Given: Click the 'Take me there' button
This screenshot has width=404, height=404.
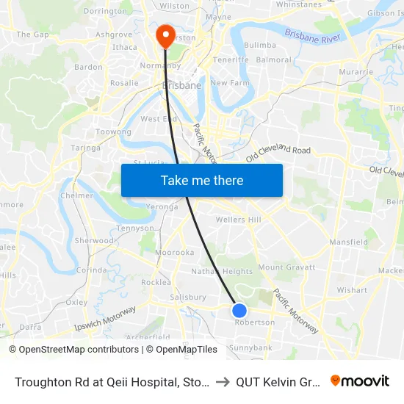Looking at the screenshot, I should click(x=202, y=180).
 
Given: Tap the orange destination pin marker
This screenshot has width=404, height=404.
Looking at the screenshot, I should click(x=164, y=35).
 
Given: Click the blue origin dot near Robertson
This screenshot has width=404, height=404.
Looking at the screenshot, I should click(x=239, y=310).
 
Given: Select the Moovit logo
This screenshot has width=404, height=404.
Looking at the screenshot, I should click(x=360, y=380).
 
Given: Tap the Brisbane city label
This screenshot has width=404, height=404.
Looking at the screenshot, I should click(x=181, y=86).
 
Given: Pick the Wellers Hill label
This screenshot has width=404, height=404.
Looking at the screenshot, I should click(x=238, y=220).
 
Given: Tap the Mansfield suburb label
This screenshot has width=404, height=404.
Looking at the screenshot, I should click(x=348, y=242).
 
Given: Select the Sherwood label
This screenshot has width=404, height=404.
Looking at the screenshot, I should click(x=94, y=240).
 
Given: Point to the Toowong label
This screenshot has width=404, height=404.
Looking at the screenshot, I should click(x=114, y=132).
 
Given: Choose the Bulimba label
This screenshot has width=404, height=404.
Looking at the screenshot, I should click(x=259, y=45).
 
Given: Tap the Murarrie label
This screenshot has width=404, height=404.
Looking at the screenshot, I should click(x=356, y=72).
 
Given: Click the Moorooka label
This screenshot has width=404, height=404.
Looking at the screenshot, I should click(x=174, y=253).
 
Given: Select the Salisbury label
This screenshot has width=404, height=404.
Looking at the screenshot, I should click(x=187, y=297).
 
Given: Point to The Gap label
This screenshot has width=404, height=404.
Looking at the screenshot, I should click(x=32, y=35).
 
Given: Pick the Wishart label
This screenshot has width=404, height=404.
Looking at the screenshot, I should click(x=352, y=290).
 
